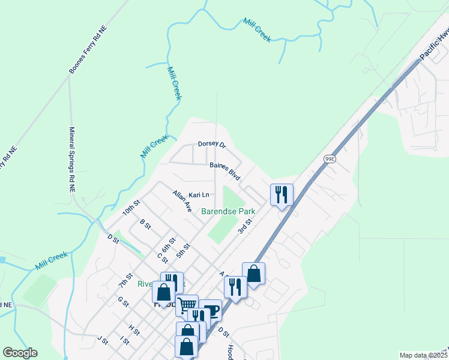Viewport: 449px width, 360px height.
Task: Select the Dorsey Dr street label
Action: click(x=211, y=145)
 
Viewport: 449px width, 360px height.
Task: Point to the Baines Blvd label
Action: click(x=225, y=172)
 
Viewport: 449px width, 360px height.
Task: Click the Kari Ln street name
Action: click(x=199, y=195)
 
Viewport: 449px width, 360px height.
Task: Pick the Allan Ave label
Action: click(x=182, y=201)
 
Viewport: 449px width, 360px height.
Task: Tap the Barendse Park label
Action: click(x=228, y=211)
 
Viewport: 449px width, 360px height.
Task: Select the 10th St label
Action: click(x=131, y=207)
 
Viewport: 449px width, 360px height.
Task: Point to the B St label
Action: click(x=145, y=223)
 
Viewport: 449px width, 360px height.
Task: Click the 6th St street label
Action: click(x=168, y=244)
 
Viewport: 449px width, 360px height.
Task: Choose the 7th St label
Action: click(x=125, y=279)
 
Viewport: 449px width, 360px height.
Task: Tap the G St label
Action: click(x=123, y=302)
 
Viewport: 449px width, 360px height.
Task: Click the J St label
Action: click(x=103, y=340)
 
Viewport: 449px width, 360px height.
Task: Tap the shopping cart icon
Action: click(x=187, y=305)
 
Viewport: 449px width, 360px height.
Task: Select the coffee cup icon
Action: click(x=210, y=310)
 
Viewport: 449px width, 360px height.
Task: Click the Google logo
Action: click(x=20, y=353)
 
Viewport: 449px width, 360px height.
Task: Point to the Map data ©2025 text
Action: click(x=423, y=355)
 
